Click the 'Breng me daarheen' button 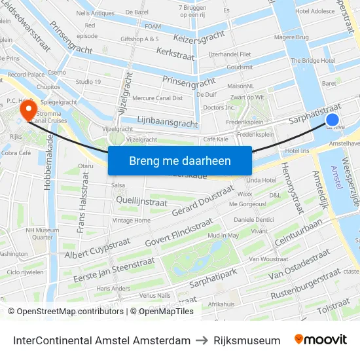pos(179,160)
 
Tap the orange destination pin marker pos(28,109)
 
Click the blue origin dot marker pos(333,120)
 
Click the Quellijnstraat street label pos(141,202)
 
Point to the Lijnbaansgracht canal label pos(168,122)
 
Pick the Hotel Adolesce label pos(315,11)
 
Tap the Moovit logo pos(320,340)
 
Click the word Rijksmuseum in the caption pos(247,340)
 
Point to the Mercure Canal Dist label pos(158,99)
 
